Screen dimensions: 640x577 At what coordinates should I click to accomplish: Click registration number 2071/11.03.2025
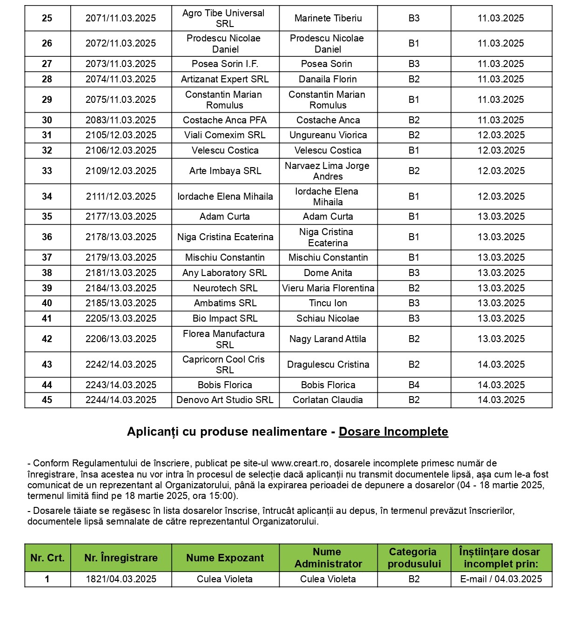[x=121, y=18]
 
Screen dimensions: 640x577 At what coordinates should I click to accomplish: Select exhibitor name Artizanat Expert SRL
[x=225, y=79]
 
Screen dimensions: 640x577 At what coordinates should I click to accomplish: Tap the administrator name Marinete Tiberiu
[x=328, y=18]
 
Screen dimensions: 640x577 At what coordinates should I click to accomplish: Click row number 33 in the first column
[x=47, y=171]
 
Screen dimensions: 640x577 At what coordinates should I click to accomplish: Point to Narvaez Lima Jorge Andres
[x=328, y=171]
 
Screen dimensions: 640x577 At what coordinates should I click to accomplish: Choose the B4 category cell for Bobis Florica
[x=414, y=385]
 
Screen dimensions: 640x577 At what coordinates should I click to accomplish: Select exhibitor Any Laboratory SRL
[x=225, y=273]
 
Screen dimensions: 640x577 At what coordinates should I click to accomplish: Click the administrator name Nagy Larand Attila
[x=328, y=339]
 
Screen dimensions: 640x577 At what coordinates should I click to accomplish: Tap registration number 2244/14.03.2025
[x=121, y=400]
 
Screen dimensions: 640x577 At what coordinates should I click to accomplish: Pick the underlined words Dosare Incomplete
[x=393, y=431]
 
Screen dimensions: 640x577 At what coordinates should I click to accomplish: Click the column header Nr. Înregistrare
[x=121, y=558]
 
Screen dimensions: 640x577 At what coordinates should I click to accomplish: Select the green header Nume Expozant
[x=225, y=558]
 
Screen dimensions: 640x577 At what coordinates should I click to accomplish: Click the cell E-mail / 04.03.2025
[x=501, y=579]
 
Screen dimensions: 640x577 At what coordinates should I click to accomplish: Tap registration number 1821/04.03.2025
[x=121, y=579]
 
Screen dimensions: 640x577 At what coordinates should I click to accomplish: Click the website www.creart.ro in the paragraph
[x=300, y=463]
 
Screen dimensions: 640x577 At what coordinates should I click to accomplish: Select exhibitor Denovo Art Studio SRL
[x=225, y=400]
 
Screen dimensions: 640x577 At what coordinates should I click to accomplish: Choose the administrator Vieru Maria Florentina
[x=328, y=288]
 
